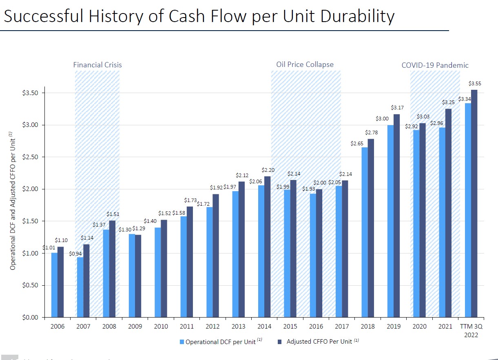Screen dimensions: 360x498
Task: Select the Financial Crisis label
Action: (97, 65)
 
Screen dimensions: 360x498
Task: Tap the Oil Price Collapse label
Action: (305, 64)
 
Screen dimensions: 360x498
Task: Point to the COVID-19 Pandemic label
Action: (435, 65)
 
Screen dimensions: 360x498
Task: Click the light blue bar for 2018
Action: (364, 232)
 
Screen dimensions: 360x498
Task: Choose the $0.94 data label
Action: (75, 253)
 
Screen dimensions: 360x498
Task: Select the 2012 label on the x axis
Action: (212, 327)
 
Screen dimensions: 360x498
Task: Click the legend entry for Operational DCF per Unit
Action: (220, 342)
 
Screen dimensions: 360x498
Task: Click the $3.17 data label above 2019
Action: (397, 108)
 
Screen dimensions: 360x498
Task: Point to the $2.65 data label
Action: (357, 144)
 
